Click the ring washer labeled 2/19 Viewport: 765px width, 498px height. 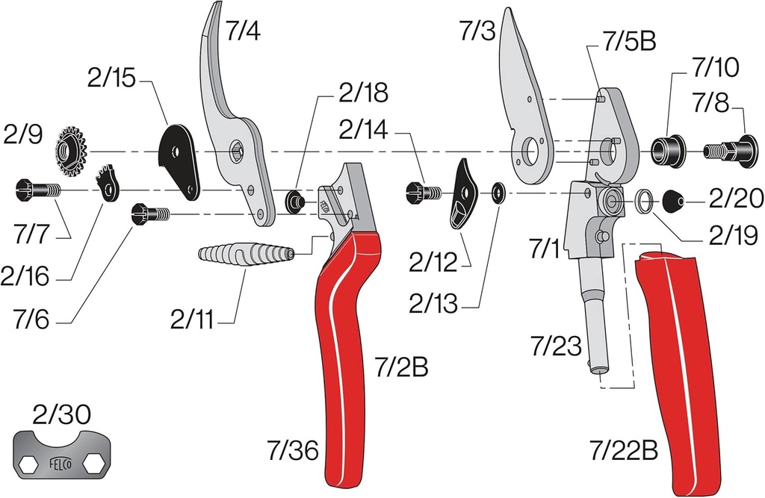click(645, 200)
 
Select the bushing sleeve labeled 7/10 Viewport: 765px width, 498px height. click(667, 149)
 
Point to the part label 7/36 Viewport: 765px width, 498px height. click(292, 451)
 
